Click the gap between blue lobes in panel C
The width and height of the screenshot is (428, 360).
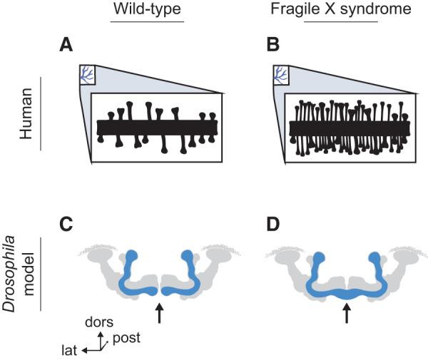click(158, 290)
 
